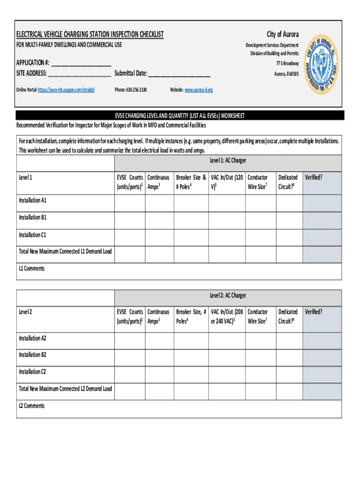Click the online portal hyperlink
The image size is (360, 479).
[x=66, y=89]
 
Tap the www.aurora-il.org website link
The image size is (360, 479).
[x=199, y=89]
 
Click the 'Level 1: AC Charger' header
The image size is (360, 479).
[x=228, y=160]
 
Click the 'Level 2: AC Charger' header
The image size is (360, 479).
[x=228, y=296]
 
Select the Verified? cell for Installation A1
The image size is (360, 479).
[x=322, y=203]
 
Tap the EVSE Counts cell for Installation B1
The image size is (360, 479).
[x=130, y=220]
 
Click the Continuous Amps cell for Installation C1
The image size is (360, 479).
[x=159, y=237]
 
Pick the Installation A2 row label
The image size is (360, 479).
[x=33, y=338]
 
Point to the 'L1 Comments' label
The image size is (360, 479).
[x=32, y=269]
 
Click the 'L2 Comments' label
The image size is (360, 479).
[x=32, y=406]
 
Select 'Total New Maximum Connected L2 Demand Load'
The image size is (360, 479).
[x=65, y=389]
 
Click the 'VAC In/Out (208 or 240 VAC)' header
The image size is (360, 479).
[x=226, y=316]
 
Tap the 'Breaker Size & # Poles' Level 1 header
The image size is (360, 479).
[x=191, y=182]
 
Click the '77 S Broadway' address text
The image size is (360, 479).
[x=287, y=63]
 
